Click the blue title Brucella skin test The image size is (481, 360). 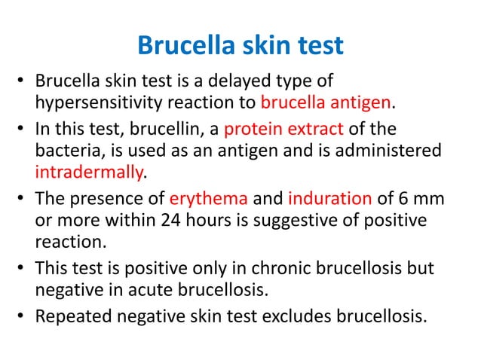240,46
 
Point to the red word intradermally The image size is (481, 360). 88,172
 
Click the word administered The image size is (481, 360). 388,151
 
